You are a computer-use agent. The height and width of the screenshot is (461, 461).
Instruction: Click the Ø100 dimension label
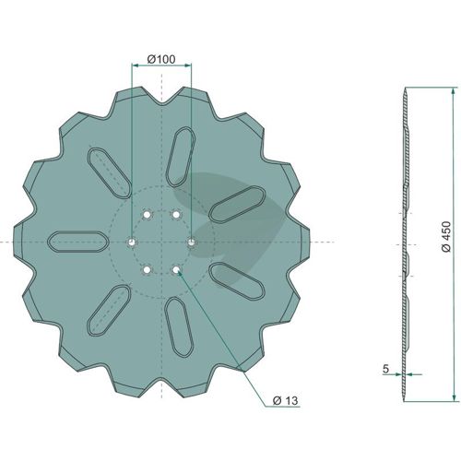pyautogui.click(x=161, y=59)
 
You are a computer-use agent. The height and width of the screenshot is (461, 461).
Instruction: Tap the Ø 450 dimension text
pyautogui.click(x=446, y=236)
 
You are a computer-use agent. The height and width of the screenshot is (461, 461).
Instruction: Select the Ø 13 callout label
pyautogui.click(x=285, y=400)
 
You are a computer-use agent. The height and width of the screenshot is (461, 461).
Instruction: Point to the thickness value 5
pyautogui.click(x=386, y=369)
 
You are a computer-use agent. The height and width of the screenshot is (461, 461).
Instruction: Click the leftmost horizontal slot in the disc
pyautogui.click(x=78, y=242)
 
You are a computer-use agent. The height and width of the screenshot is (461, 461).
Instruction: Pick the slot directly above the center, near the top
pyautogui.click(x=181, y=157)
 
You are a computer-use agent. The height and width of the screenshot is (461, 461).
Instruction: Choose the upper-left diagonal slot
pyautogui.click(x=110, y=172)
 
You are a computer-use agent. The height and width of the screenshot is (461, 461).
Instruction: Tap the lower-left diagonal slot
pyautogui.click(x=109, y=311)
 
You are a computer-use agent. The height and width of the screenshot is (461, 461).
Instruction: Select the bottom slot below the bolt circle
pyautogui.click(x=179, y=327)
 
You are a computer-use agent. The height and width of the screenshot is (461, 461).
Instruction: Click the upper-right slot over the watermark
pyautogui.click(x=237, y=204)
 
